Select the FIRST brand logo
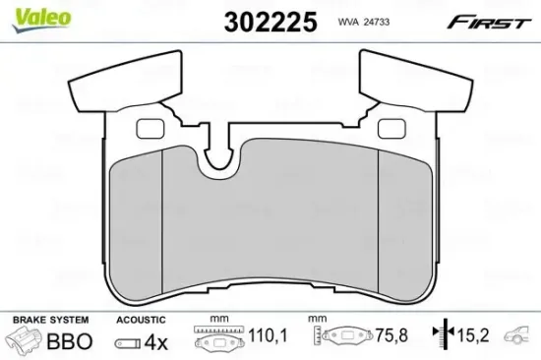[491, 22]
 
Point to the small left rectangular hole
[149, 126]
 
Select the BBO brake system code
[72, 342]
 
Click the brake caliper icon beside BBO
[27, 341]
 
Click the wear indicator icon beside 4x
[128, 343]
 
